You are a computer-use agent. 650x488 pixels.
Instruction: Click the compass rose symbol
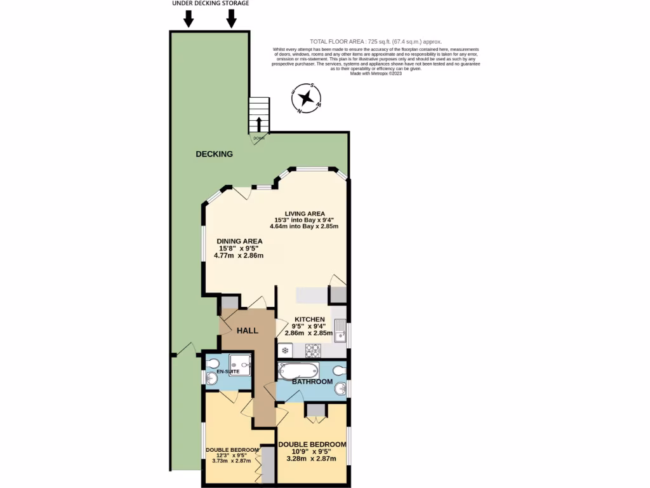click(x=306, y=98)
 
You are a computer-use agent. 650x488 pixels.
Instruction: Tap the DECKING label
click(x=214, y=154)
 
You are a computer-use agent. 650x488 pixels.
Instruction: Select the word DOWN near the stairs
click(x=258, y=138)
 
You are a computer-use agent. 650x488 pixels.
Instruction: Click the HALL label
click(x=248, y=331)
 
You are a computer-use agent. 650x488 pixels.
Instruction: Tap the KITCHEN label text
click(x=309, y=319)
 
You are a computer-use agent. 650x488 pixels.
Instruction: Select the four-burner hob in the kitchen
click(x=313, y=349)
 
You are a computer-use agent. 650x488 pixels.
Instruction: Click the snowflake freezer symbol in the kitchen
click(x=285, y=350)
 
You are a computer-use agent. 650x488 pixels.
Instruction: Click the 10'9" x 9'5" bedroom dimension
click(x=312, y=451)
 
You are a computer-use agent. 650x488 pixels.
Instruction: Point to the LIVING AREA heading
click(x=305, y=213)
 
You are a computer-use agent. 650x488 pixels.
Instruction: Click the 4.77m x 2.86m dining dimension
click(x=240, y=255)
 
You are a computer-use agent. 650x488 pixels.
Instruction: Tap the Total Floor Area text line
click(x=375, y=41)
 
